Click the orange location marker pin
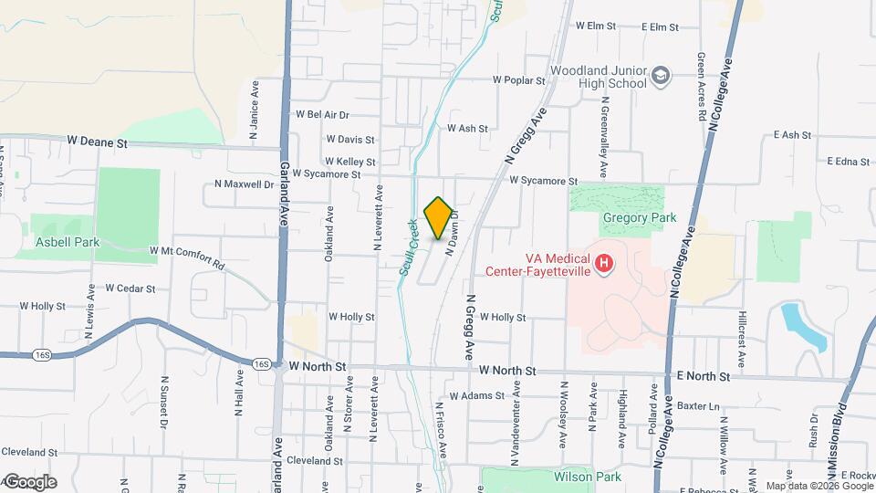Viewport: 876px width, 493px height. pos(438,217)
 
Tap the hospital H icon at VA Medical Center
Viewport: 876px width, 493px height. pos(603,264)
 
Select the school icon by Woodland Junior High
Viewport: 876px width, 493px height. pos(662,78)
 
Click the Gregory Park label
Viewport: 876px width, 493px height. pos(639,217)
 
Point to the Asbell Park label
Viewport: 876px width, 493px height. pos(68,242)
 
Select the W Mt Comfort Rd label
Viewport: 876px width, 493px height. pos(180,256)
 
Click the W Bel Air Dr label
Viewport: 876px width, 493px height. pos(322,115)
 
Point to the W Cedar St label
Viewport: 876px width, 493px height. pos(130,288)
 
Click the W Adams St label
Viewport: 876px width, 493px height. pos(474,396)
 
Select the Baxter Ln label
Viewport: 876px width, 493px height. pos(700,405)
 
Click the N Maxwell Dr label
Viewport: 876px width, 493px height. pos(244,184)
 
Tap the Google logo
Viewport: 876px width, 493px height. pos(29,481)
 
